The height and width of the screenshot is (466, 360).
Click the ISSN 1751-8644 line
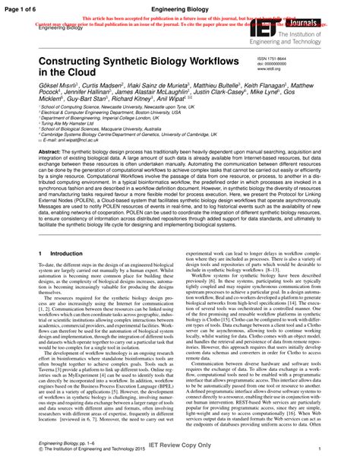pos(285,58)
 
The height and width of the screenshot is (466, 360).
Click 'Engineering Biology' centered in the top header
pos(180,5)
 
